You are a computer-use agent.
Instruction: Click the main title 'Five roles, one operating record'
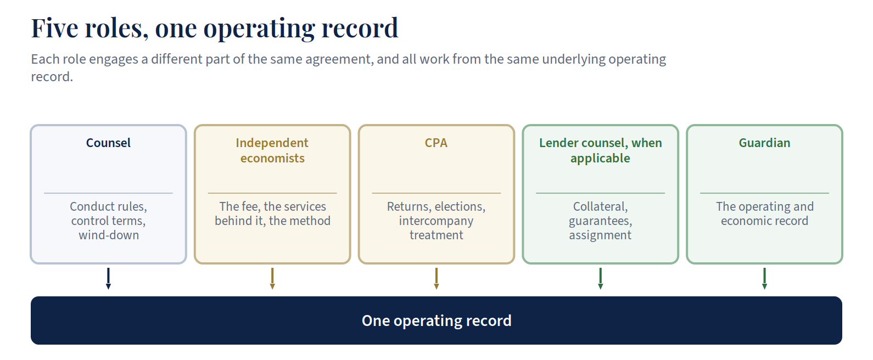pyautogui.click(x=215, y=28)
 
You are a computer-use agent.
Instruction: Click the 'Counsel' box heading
pyautogui.click(x=108, y=143)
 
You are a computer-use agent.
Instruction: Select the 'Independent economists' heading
pyautogui.click(x=272, y=150)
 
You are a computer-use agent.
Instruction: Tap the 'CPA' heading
pyautogui.click(x=436, y=143)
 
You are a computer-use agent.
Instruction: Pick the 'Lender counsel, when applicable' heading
pyautogui.click(x=600, y=150)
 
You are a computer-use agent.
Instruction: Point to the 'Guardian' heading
pyautogui.click(x=764, y=143)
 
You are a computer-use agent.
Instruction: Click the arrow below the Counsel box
pyautogui.click(x=108, y=279)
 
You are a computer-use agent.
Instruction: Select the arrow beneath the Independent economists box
pyautogui.click(x=272, y=279)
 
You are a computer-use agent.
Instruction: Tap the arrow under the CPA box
pyautogui.click(x=436, y=279)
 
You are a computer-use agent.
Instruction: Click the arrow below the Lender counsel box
pyautogui.click(x=601, y=279)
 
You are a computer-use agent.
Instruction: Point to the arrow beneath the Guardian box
pyautogui.click(x=765, y=279)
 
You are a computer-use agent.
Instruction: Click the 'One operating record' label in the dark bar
pyautogui.click(x=436, y=320)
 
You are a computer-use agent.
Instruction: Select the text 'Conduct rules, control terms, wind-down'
pyautogui.click(x=108, y=221)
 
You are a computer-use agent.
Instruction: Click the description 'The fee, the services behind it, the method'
pyautogui.click(x=272, y=213)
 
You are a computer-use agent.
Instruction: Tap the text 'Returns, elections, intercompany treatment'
pyautogui.click(x=436, y=221)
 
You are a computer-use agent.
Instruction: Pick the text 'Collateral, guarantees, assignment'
pyautogui.click(x=600, y=221)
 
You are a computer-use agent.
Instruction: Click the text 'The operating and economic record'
pyautogui.click(x=765, y=213)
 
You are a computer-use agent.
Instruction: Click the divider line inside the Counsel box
pyautogui.click(x=108, y=193)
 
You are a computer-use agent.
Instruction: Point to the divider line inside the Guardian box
pyautogui.click(x=765, y=193)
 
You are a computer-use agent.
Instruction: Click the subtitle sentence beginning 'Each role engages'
pyautogui.click(x=349, y=68)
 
